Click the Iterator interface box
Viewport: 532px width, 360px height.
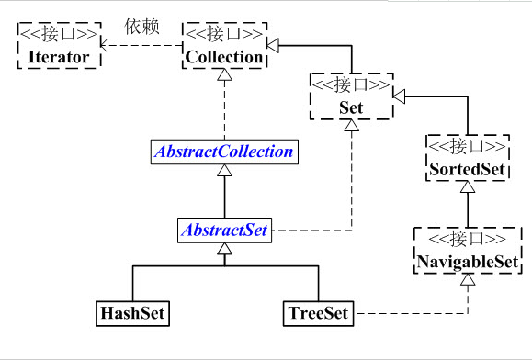[58, 47]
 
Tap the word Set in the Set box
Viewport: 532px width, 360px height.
[351, 108]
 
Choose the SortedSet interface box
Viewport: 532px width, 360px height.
[468, 159]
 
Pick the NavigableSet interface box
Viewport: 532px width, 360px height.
[468, 251]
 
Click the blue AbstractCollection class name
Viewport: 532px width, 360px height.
[223, 152]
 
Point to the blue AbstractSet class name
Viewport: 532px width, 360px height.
[223, 231]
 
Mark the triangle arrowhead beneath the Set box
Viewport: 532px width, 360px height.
[351, 131]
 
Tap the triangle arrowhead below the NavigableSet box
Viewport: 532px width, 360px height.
[468, 278]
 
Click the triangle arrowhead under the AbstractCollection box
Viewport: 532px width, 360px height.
[223, 172]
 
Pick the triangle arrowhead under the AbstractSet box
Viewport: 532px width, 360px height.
[223, 249]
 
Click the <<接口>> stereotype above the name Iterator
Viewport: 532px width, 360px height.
[58, 35]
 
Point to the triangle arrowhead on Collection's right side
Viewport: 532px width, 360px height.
[271, 43]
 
